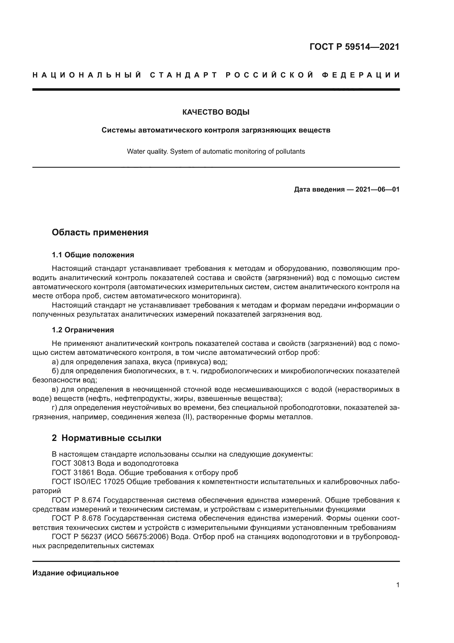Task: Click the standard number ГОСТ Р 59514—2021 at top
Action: (354, 47)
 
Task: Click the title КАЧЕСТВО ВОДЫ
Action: (216, 112)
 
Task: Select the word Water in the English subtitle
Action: (136, 151)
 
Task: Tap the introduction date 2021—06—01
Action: (377, 190)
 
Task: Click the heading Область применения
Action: (100, 233)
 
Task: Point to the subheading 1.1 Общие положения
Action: (93, 255)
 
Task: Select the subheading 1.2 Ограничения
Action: (83, 330)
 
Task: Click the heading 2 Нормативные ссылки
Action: (107, 438)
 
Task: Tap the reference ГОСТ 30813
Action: (73, 463)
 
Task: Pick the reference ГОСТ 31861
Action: (73, 473)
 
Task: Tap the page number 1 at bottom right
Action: (398, 585)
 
